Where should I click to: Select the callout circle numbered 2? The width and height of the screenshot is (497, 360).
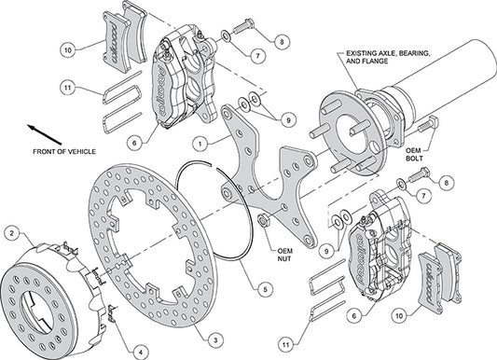click(x=10, y=232)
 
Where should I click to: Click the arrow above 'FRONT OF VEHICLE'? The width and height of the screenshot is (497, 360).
click(x=40, y=132)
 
